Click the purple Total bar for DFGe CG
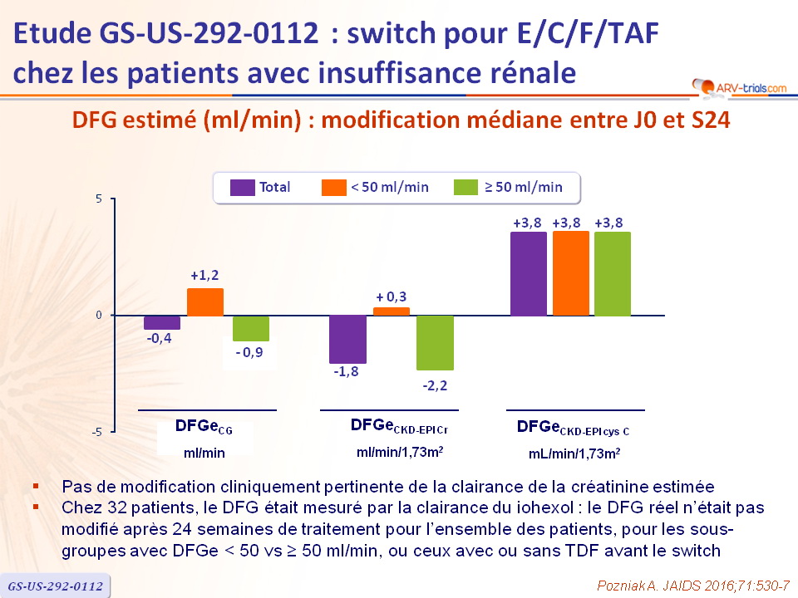click(x=162, y=322)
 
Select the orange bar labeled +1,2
click(x=205, y=302)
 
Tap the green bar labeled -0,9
click(x=250, y=328)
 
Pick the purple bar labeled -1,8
click(x=348, y=339)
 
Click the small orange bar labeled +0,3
click(x=392, y=311)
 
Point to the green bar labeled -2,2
click(x=435, y=342)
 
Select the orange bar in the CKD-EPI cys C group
click(x=571, y=273)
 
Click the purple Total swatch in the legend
click(x=241, y=188)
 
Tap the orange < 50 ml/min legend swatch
click(x=332, y=188)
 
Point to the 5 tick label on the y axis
click(x=98, y=199)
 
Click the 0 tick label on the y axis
click(x=98, y=316)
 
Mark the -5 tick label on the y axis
click(x=96, y=433)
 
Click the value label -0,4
click(x=161, y=339)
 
